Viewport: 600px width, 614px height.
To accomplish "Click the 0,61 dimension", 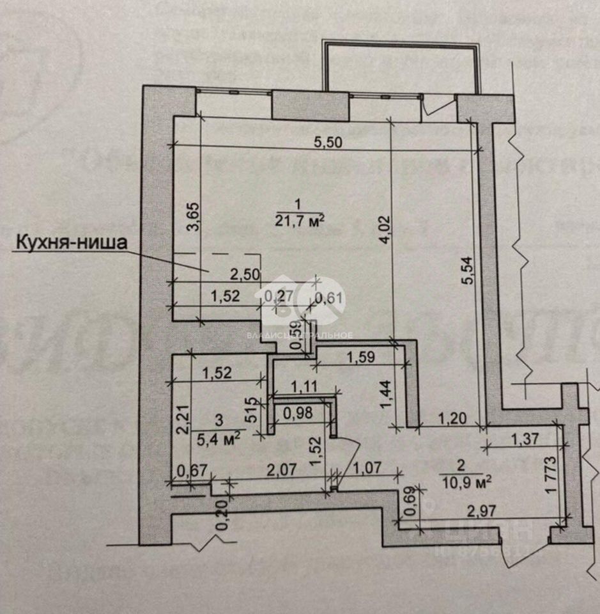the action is click(x=330, y=296).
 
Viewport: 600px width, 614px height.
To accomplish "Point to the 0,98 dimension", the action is click(x=298, y=413).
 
